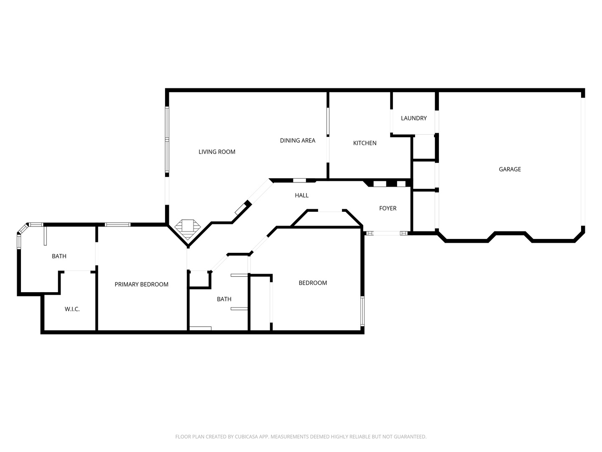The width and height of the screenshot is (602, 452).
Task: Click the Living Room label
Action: point(217,152)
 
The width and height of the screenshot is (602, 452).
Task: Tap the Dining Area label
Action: point(297,141)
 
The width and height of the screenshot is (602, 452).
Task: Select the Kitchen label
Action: point(365,143)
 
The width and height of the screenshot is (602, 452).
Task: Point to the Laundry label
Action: point(413,118)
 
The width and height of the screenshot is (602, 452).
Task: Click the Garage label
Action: point(510,169)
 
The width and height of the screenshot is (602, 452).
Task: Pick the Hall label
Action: point(301,195)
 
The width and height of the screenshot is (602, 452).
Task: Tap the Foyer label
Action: point(388,208)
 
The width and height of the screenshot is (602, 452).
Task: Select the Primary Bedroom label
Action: point(141,285)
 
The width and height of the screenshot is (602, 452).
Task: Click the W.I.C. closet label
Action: point(72,309)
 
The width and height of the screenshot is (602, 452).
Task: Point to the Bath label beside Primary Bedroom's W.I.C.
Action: point(59,256)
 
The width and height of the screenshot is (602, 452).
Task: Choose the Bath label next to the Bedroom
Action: point(224,299)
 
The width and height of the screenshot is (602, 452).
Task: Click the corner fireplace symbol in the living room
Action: point(187,227)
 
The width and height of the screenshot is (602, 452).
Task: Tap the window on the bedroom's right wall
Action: point(362,311)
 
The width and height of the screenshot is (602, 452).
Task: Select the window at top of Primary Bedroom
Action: point(117,225)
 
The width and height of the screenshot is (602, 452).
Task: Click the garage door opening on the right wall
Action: point(583,161)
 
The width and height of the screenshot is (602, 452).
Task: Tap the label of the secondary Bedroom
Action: point(312,283)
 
